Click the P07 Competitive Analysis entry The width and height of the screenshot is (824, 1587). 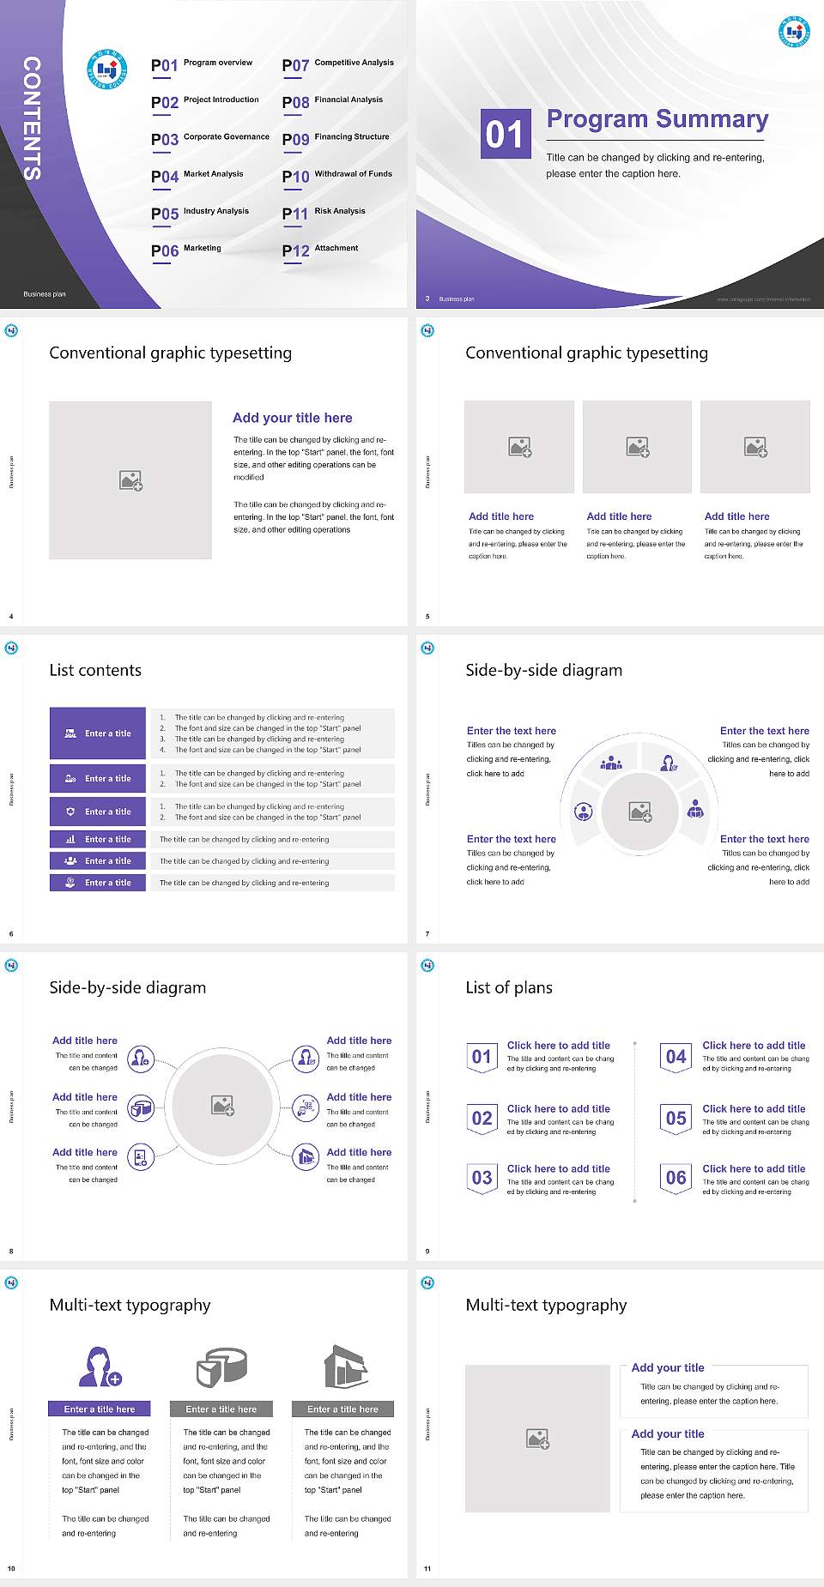click(x=338, y=64)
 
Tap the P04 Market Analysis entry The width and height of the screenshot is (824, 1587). click(x=197, y=176)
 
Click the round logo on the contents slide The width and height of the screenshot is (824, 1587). click(x=107, y=69)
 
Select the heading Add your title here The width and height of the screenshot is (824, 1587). click(x=292, y=418)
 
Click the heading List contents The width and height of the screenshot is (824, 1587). click(x=95, y=670)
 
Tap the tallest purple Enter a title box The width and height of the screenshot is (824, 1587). click(x=98, y=733)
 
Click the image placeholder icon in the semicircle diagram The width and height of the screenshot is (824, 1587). click(x=640, y=812)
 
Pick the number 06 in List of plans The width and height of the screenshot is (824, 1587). click(x=676, y=1178)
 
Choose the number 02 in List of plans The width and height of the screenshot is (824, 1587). click(x=482, y=1118)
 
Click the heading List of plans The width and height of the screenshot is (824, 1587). click(x=509, y=987)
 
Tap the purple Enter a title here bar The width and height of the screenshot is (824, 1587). click(x=100, y=1409)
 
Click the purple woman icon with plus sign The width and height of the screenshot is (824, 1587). click(x=99, y=1367)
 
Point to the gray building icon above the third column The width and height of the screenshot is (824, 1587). click(x=345, y=1367)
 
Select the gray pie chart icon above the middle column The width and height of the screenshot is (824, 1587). click(x=221, y=1367)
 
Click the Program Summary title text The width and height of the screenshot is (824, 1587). click(x=657, y=119)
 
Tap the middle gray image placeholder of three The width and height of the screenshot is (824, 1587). click(x=637, y=447)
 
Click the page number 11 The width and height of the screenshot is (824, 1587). click(x=427, y=1568)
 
